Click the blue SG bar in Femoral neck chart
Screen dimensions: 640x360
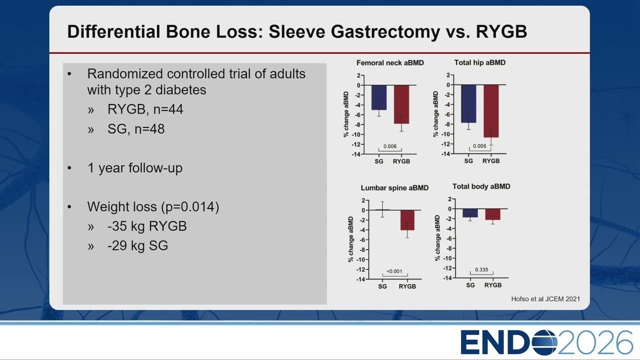(379, 97)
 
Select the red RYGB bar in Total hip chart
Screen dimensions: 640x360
(491, 111)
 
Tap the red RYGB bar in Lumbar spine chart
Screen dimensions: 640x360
(407, 220)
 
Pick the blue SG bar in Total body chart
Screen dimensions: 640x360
(470, 213)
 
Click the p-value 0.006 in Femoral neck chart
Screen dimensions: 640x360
(390, 146)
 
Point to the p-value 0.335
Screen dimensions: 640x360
(481, 269)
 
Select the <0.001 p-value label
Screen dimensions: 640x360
(394, 271)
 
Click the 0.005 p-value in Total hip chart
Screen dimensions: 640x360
(479, 146)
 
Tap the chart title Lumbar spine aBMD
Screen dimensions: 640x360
(394, 187)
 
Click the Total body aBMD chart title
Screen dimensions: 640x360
(481, 186)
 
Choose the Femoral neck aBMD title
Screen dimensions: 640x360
(390, 63)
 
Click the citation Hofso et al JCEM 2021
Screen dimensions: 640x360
(545, 299)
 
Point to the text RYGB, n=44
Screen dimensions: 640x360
(145, 109)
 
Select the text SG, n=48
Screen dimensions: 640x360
(136, 129)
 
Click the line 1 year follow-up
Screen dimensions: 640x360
(135, 167)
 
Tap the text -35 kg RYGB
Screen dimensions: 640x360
(147, 226)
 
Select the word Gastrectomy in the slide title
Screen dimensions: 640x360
(385, 31)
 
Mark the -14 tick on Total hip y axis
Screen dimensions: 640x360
(445, 154)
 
